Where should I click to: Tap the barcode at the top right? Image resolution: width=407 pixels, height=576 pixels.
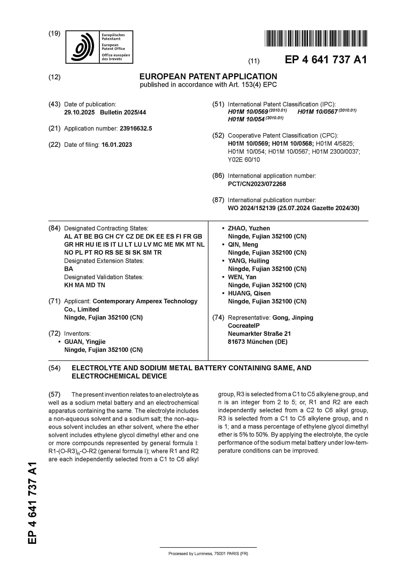(316, 38)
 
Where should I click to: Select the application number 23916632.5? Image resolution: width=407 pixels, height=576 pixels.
(136, 128)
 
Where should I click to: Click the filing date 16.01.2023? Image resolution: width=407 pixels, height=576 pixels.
(117, 145)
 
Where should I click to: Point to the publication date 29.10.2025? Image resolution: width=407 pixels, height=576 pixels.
(79, 112)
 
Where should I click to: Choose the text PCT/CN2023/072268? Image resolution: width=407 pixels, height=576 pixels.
(257, 184)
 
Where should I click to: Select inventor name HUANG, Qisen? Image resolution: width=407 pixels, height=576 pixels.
(249, 293)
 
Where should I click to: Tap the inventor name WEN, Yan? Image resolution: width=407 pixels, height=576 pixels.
(242, 277)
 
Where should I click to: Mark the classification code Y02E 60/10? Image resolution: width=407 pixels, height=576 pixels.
(244, 160)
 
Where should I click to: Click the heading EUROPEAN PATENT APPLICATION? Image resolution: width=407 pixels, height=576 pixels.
(208, 77)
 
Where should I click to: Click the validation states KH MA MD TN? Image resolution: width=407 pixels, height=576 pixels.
(85, 285)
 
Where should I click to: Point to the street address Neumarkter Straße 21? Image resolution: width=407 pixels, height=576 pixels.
(259, 334)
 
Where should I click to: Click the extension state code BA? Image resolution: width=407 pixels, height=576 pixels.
(68, 269)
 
